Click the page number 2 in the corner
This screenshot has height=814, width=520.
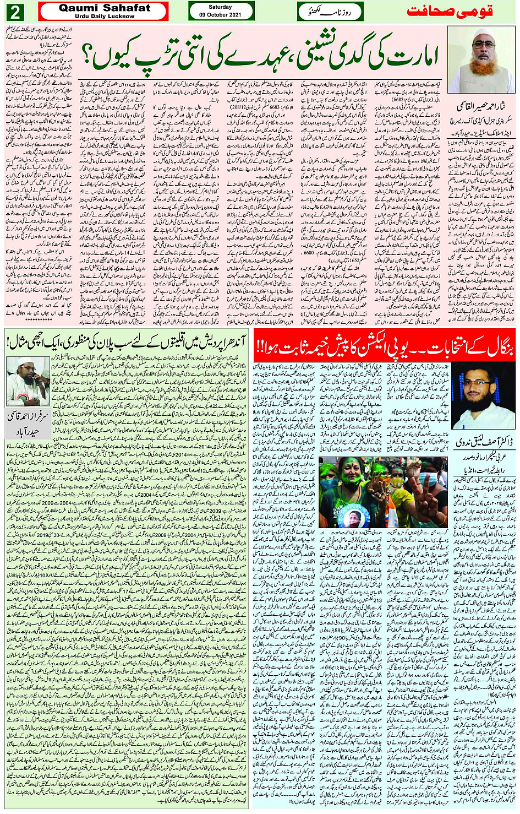coord(15,12)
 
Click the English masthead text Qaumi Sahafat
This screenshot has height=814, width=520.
coord(104,8)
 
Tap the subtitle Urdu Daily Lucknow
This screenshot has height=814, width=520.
coord(104,17)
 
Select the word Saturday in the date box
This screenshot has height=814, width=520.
coord(220,7)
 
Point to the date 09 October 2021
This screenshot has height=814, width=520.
coord(220,15)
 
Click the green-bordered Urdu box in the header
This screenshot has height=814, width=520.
coord(330,12)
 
